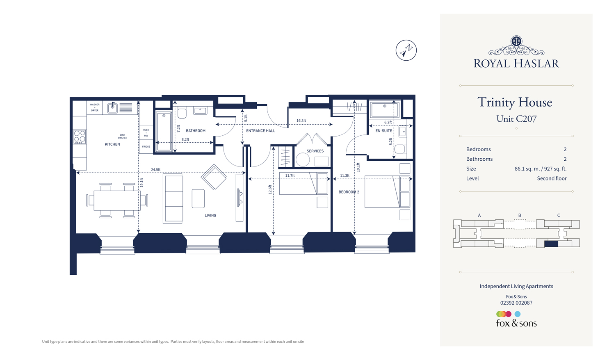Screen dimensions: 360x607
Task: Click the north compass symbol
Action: tap(406, 50)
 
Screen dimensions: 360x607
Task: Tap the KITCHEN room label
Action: tap(112, 144)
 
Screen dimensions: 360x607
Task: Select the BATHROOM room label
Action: tap(196, 131)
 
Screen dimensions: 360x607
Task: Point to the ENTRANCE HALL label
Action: tap(260, 131)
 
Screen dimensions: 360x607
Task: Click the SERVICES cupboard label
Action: tap(315, 151)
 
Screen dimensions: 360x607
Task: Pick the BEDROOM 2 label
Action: tap(349, 192)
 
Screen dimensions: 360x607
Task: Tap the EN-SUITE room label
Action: tap(383, 131)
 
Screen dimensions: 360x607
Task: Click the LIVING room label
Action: tap(210, 215)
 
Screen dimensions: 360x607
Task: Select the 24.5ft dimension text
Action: tap(155, 170)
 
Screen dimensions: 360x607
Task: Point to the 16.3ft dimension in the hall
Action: tap(301, 121)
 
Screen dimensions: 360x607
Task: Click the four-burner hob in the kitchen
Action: tap(80, 137)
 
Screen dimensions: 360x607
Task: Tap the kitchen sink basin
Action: tap(112, 108)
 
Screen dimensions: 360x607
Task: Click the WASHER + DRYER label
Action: tap(95, 107)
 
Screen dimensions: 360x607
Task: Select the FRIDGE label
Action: tap(146, 147)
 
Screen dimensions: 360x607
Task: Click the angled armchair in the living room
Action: tap(214, 177)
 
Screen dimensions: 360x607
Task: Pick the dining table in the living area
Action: tap(117, 201)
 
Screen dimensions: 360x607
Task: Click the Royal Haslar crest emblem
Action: tap(516, 41)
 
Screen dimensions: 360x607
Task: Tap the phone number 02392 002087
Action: tap(516, 303)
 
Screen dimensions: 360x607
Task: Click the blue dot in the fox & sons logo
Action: tap(518, 314)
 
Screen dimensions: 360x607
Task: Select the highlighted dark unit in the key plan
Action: tap(551, 244)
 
